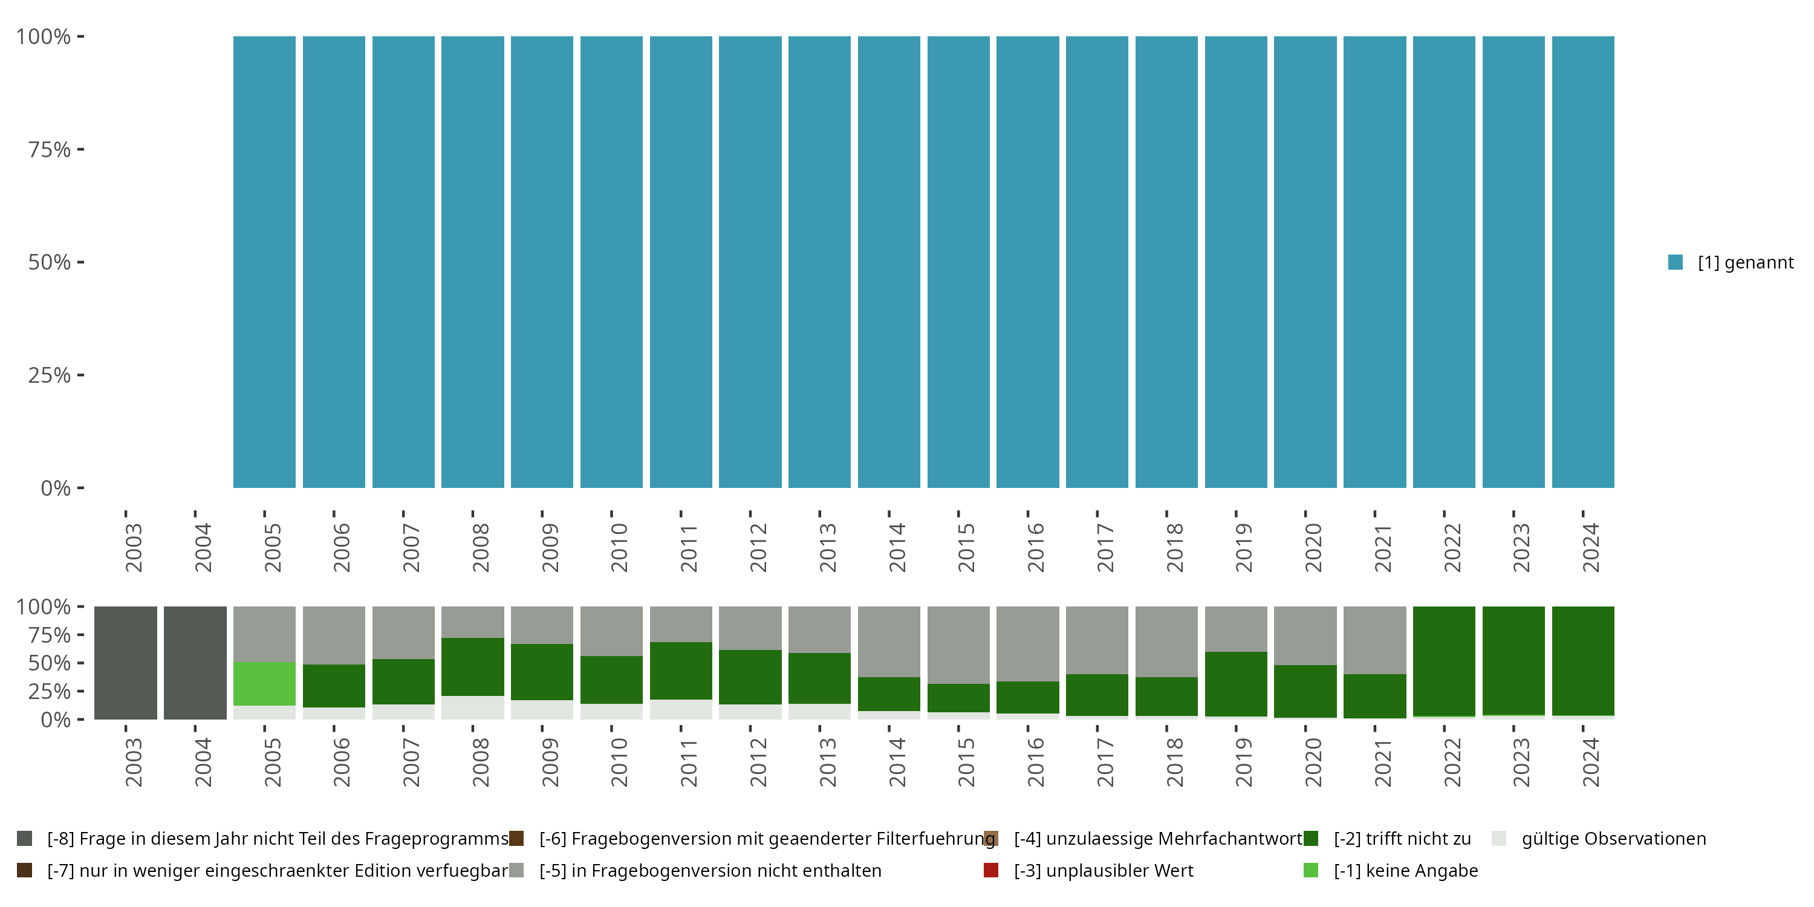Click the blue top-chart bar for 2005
(264, 262)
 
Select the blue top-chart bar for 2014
(889, 262)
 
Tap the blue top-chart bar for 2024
(1583, 262)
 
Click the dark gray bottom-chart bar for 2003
(125, 663)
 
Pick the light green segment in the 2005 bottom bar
(264, 683)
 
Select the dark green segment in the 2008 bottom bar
(472, 666)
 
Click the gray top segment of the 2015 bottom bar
(958, 645)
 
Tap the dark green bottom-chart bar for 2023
(1513, 660)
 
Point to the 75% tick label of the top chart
(50, 149)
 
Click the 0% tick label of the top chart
(56, 488)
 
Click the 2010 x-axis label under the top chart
(619, 547)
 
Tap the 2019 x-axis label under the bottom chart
(1243, 762)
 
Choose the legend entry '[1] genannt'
(1745, 262)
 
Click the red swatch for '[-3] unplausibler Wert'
(991, 870)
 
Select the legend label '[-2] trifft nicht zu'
(1402, 839)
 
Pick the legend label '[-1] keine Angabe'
(1406, 870)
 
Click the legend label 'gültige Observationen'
(1613, 839)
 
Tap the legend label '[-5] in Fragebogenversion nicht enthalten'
(710, 870)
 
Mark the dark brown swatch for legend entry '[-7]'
(25, 870)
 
